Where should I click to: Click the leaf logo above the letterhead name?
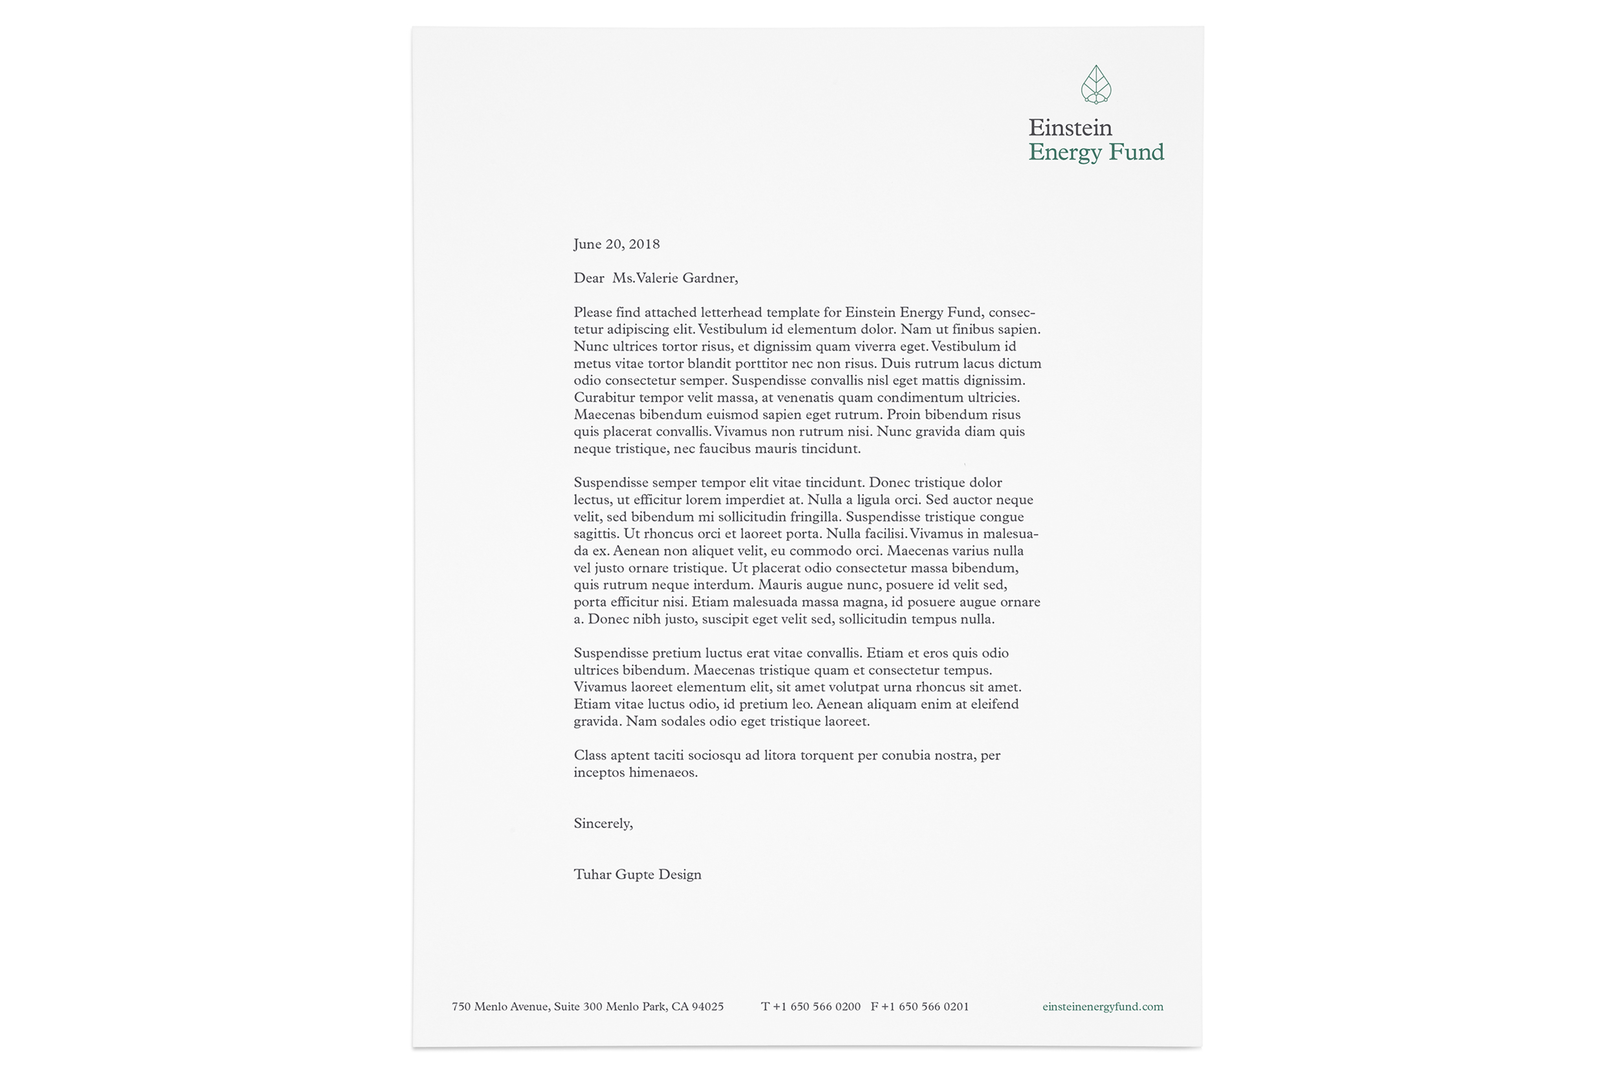1096,85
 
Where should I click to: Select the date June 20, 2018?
616,245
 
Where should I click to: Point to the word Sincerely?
603,823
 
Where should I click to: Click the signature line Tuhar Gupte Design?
637,875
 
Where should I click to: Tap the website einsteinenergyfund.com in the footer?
1103,1007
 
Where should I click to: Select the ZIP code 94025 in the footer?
708,1007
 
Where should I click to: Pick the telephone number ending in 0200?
816,1007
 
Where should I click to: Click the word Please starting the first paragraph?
592,313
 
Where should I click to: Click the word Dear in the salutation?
589,278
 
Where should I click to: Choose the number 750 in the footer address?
461,1007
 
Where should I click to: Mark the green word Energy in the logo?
1065,152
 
